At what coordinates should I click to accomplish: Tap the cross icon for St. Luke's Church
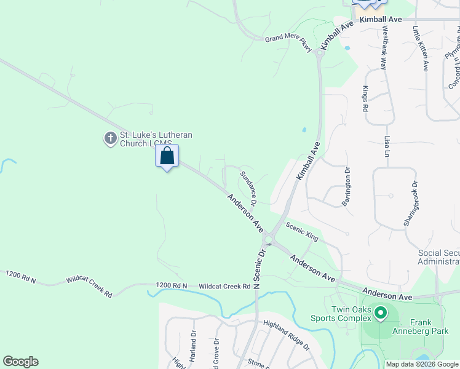[x=110, y=138]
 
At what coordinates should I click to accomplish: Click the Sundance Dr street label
[x=248, y=184]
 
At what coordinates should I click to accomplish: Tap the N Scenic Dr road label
[x=259, y=268]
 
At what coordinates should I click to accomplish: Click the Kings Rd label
[x=365, y=98]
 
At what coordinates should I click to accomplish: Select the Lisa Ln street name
[x=387, y=146]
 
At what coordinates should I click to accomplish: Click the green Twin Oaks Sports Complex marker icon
[x=381, y=314]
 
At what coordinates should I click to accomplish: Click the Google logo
[x=20, y=362]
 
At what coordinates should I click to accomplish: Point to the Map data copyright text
[x=422, y=364]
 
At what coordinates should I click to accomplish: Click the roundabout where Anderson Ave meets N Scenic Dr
[x=268, y=239]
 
